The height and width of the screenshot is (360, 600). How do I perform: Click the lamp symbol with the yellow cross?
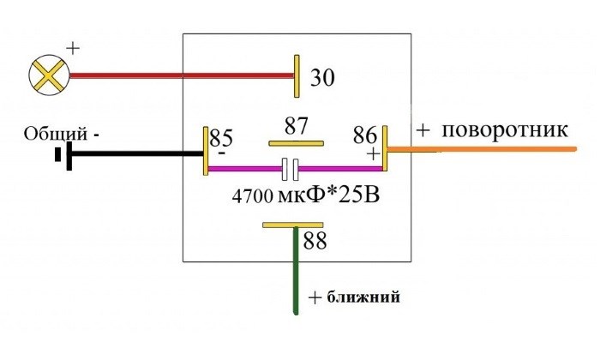coord(49,75)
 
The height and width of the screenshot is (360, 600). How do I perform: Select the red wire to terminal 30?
coord(180,75)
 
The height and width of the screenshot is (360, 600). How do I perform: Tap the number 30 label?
coord(321,78)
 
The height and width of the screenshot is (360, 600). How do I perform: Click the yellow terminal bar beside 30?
coord(297,75)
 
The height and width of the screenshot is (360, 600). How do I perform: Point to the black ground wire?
coord(137,154)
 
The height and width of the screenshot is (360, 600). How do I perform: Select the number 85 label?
coord(222,136)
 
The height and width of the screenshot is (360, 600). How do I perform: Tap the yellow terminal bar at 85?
coord(206,151)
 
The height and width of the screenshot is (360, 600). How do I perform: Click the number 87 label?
coord(297,125)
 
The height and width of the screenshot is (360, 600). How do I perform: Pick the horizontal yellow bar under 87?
coord(297,143)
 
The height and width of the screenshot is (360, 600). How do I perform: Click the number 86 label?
coord(365,135)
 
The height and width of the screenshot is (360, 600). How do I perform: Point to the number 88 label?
coord(315,242)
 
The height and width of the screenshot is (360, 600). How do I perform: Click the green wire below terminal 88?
coord(295,274)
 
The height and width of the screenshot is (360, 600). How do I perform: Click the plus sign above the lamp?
coord(72,48)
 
